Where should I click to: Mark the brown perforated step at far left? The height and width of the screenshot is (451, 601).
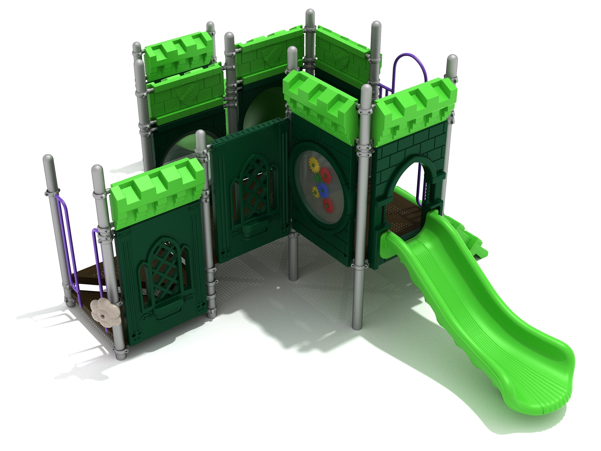[90, 275]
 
